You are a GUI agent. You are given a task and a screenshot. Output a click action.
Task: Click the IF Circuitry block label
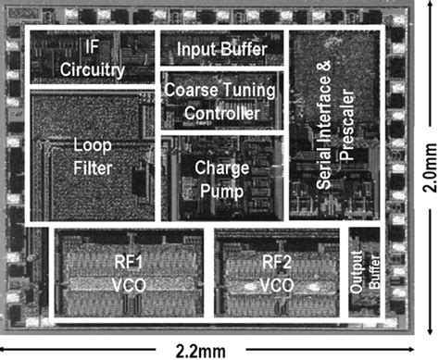click(92, 57)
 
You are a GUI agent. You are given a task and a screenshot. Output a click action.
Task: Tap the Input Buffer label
click(222, 48)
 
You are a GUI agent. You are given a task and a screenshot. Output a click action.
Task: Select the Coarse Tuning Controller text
click(220, 102)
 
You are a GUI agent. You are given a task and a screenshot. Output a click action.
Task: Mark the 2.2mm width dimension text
click(219, 348)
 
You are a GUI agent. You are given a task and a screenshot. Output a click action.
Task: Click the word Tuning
click(245, 92)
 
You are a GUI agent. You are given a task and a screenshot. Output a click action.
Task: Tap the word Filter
click(93, 169)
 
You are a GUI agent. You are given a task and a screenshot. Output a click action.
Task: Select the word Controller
click(220, 113)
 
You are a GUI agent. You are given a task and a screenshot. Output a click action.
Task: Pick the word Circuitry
click(92, 68)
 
